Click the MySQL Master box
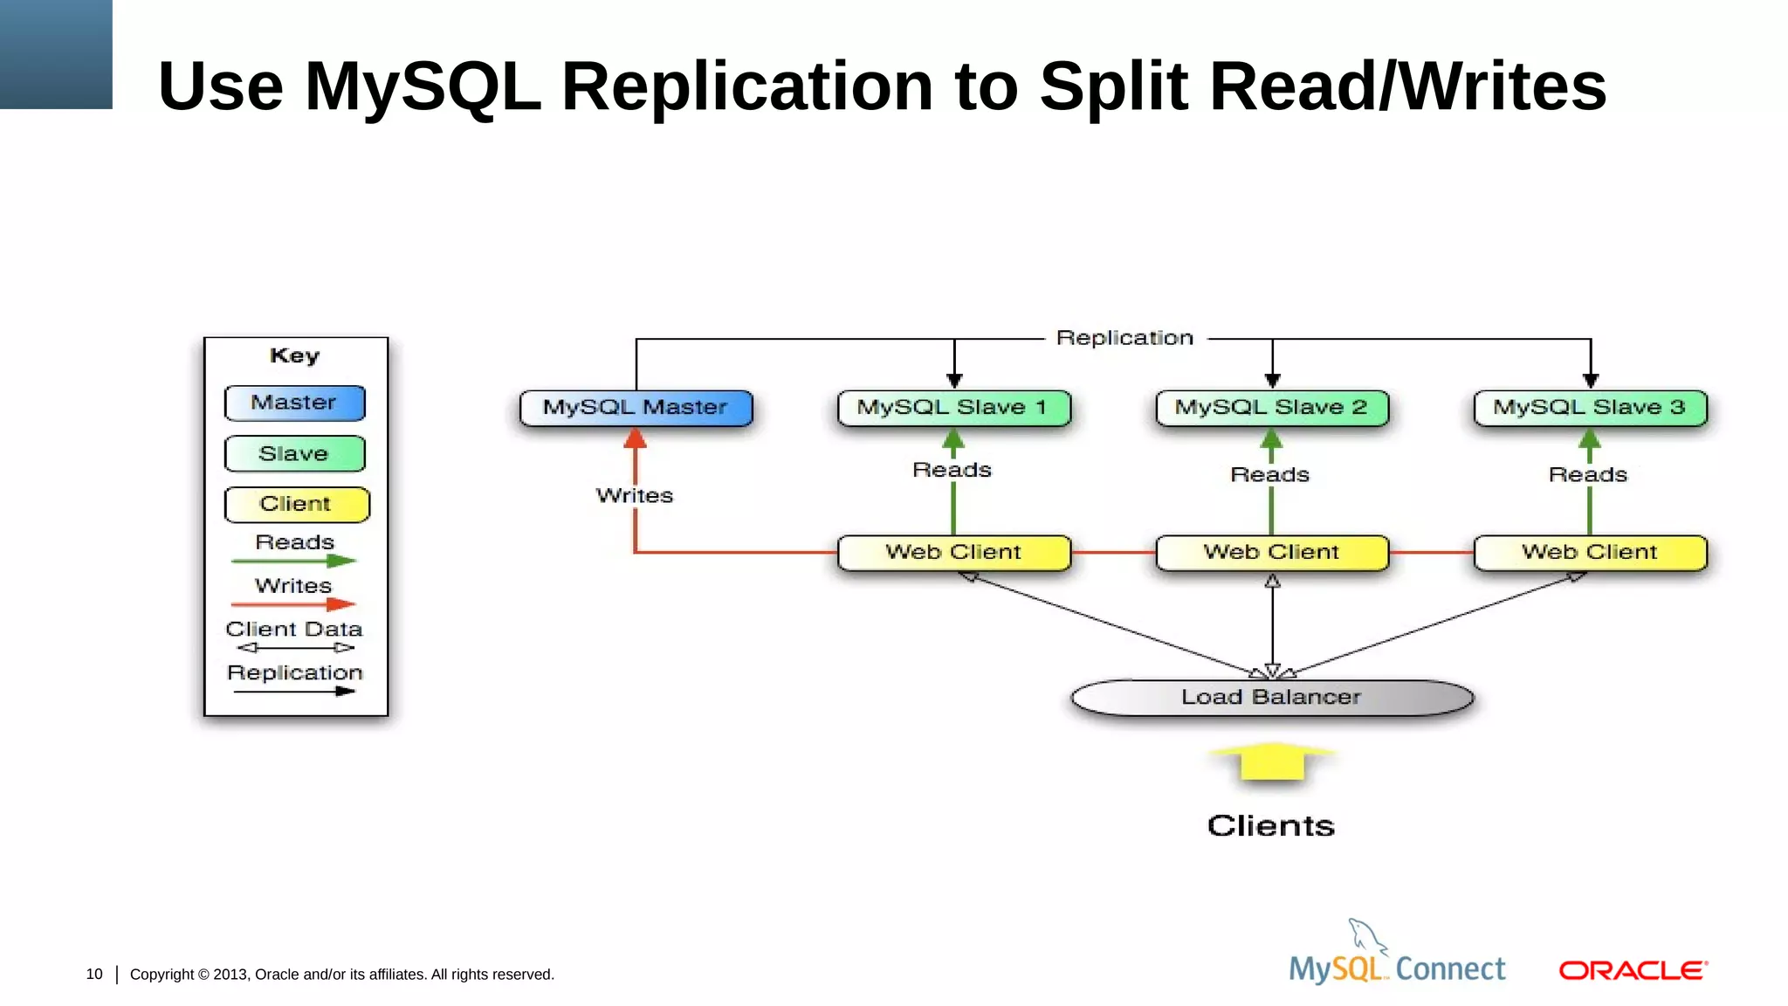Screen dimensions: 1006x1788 tap(636, 408)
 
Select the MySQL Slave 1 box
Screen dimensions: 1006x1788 tap(953, 408)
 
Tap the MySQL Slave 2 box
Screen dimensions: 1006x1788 tap(1272, 408)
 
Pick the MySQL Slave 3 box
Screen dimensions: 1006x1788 tap(1590, 408)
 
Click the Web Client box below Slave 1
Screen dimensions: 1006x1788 tap(953, 553)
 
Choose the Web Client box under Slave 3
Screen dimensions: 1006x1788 tap(1590, 553)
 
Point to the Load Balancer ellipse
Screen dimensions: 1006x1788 tap(1272, 698)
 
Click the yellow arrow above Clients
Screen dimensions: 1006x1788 tap(1272, 761)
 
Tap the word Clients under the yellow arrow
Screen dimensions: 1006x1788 tap(1271, 826)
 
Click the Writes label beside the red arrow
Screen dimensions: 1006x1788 tap(635, 496)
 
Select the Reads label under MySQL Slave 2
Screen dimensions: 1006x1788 tap(1270, 475)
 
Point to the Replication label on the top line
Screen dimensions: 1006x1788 tap(1124, 338)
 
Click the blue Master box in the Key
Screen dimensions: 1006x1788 tap(294, 403)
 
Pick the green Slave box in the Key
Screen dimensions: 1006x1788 tap(294, 454)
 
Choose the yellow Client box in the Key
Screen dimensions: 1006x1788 tap(296, 505)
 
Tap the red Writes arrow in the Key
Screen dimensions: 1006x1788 tap(293, 604)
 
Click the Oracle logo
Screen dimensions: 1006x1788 tap(1633, 971)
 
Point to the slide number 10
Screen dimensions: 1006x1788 tap(94, 975)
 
